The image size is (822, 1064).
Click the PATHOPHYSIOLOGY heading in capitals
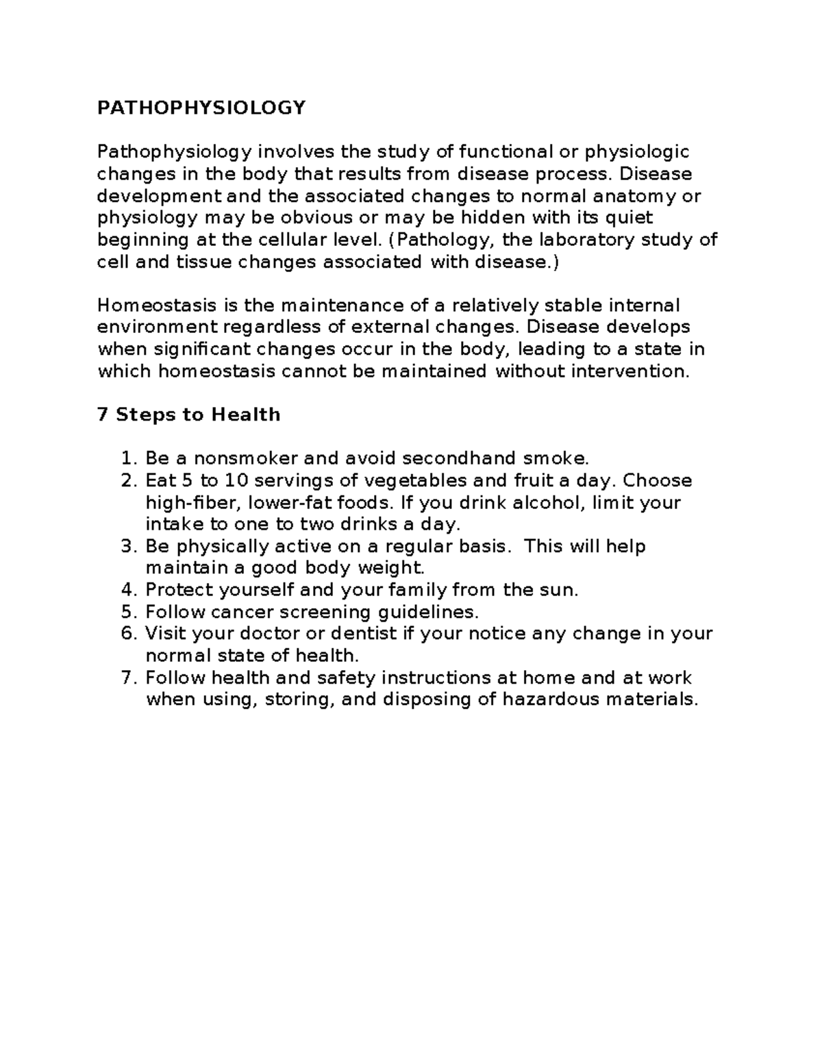click(x=201, y=108)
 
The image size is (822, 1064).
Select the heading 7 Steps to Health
click(x=188, y=415)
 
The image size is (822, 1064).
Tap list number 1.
click(x=127, y=458)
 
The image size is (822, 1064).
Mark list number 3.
click(x=127, y=546)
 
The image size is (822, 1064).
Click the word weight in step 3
click(x=392, y=568)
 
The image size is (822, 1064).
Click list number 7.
click(x=127, y=678)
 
